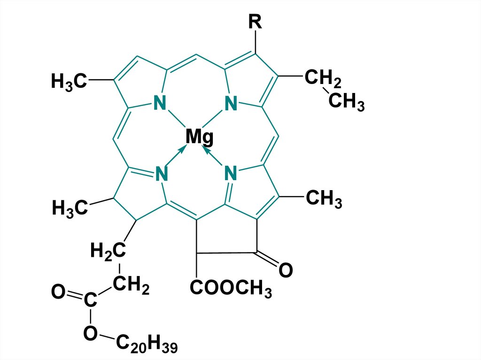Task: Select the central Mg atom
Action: (x=199, y=137)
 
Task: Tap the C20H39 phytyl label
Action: (x=147, y=346)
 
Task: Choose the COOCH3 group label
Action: (x=231, y=289)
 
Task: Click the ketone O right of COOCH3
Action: (x=285, y=271)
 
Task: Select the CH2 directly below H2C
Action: (x=131, y=285)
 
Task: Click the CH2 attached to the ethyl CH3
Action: (x=323, y=78)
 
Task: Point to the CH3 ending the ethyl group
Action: (x=346, y=102)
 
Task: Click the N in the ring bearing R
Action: (x=230, y=103)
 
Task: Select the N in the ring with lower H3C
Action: (x=161, y=174)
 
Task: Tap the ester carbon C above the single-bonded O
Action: (x=91, y=300)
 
